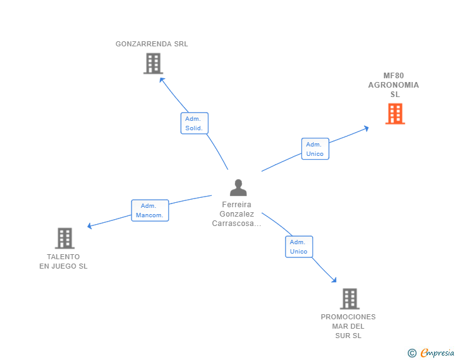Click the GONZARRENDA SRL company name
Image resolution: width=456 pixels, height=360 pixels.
[x=152, y=44]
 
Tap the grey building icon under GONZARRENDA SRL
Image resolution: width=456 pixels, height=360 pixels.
[x=153, y=63]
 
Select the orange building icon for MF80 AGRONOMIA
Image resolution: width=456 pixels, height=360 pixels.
[x=395, y=114]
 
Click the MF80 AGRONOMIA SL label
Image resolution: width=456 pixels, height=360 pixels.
[x=393, y=85]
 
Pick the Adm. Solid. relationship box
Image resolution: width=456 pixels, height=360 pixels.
[x=194, y=123]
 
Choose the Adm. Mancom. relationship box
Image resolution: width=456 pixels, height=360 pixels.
[x=150, y=210]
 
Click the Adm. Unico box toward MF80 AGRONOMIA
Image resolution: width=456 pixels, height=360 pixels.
[x=314, y=149]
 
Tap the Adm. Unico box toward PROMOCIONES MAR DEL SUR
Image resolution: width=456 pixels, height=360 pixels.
[x=299, y=247]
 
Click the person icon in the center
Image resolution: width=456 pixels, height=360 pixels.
[x=238, y=188]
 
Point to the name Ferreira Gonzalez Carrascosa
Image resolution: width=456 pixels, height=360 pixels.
[x=236, y=213]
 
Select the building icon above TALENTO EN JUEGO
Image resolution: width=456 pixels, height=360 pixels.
[x=65, y=238]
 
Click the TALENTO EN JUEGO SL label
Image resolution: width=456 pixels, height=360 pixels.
[x=63, y=261]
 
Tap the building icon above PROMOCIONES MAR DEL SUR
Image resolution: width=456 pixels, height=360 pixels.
[x=349, y=299]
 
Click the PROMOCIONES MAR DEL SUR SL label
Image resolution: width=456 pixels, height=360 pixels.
[x=348, y=326]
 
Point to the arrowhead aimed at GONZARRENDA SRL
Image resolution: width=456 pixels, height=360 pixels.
[x=162, y=80]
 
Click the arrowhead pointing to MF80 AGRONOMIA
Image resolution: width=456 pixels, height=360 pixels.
[x=366, y=128]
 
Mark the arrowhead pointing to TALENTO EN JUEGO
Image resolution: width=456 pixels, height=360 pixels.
[x=90, y=226]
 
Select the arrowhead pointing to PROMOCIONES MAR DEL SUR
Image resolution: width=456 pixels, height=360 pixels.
[x=334, y=280]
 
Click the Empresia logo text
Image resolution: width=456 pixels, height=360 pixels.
[x=437, y=353]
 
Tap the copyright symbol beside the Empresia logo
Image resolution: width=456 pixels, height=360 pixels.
[x=412, y=353]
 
